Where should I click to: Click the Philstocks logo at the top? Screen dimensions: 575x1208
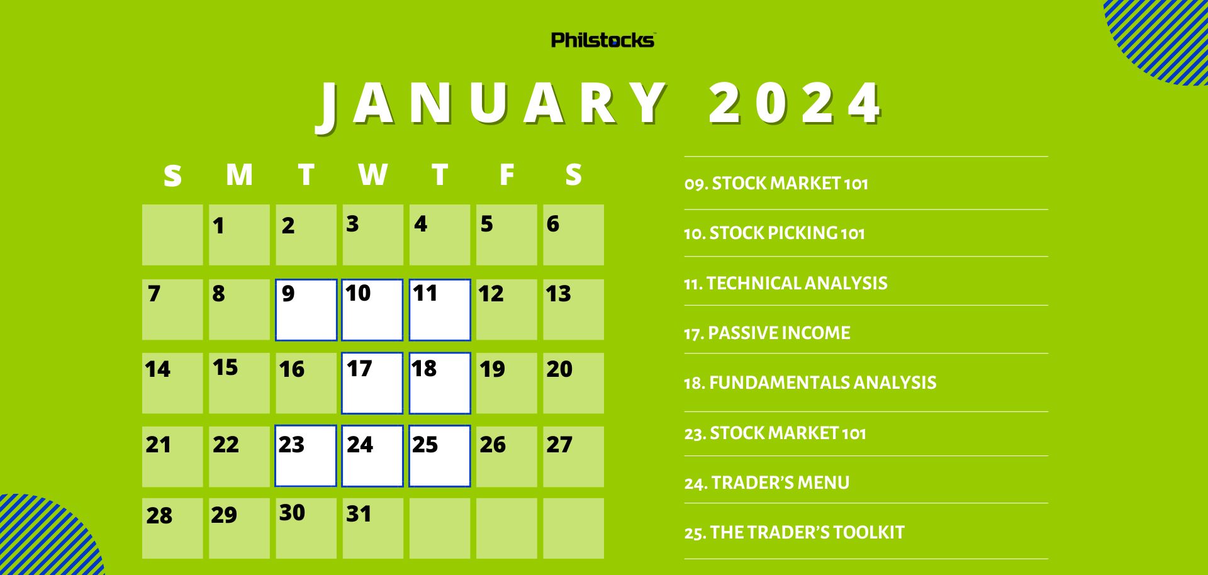[603, 40]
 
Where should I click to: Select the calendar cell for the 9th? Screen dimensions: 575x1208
[306, 310]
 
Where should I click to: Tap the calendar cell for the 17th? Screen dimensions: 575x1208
[372, 383]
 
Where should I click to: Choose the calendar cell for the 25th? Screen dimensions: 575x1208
[439, 456]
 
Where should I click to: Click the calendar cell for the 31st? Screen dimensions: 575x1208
[372, 528]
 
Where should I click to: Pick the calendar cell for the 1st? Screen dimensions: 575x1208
[239, 235]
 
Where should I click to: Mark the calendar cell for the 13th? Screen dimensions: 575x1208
[573, 310]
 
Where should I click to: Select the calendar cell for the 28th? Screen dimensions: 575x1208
[172, 528]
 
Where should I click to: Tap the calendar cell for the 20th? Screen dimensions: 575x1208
[573, 383]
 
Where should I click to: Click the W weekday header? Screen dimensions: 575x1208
[372, 175]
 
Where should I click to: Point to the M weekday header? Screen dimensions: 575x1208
[239, 175]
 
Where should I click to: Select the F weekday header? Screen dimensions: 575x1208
[506, 175]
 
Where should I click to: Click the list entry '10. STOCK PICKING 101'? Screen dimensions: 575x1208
[774, 233]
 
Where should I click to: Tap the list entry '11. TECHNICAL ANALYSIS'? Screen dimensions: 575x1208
[785, 284]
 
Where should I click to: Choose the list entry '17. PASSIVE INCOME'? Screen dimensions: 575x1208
[766, 333]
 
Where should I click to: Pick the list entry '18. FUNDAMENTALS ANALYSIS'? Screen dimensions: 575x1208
[810, 382]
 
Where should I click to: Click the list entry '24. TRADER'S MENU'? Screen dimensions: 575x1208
[766, 483]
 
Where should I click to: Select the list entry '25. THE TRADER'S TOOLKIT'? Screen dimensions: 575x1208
[794, 533]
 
